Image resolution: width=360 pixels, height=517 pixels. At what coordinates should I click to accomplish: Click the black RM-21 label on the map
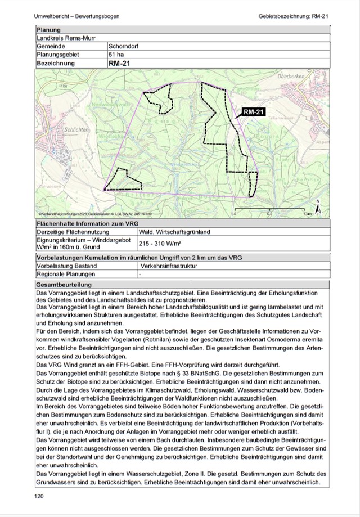pos(254,112)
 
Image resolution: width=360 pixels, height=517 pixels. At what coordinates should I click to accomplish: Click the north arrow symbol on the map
pos(317,208)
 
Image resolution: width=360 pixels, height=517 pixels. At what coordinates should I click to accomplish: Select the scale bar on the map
pos(270,211)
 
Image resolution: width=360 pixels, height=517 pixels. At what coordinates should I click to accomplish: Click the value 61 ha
pos(115,55)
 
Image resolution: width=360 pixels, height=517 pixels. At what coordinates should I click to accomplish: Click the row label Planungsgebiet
pos(58,55)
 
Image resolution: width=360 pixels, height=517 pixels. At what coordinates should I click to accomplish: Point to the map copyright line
pos(96,214)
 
